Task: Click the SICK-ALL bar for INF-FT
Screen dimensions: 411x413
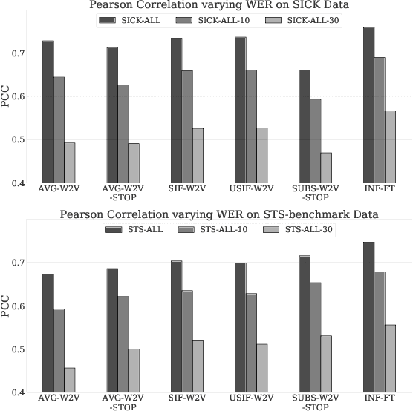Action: pos(368,105)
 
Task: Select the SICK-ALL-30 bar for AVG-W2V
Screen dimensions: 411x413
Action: pos(69,162)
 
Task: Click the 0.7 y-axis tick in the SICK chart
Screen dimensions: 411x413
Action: pos(27,54)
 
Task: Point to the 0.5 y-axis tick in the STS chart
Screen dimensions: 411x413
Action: pos(27,349)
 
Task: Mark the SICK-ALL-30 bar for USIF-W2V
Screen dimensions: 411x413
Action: pos(261,155)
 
